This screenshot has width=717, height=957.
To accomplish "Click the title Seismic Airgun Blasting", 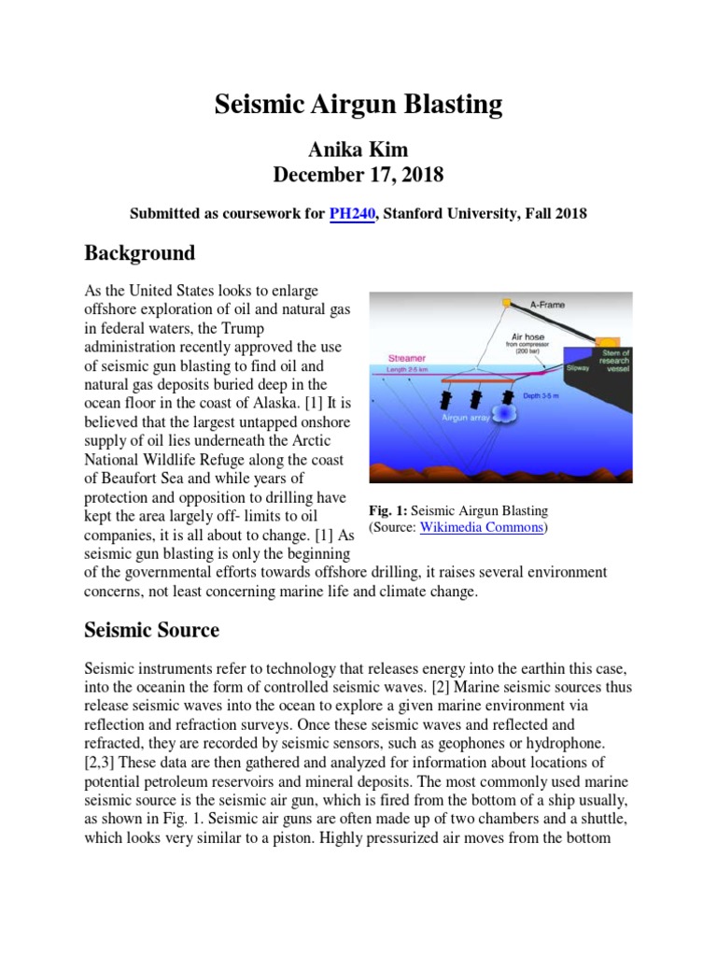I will click(358, 105).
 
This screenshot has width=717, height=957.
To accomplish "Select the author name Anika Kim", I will click(358, 150).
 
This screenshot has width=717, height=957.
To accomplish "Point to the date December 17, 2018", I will click(358, 175).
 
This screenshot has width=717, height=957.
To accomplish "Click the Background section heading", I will click(140, 253).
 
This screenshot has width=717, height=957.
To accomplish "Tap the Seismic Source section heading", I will click(152, 630).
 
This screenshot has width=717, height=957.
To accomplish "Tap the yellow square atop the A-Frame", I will click(507, 302).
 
